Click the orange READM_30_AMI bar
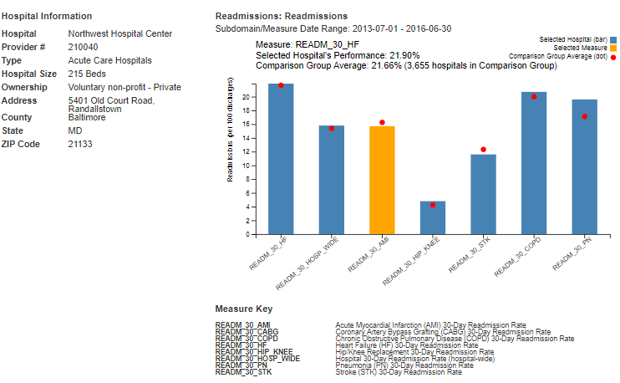[382, 180]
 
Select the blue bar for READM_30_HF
[281, 159]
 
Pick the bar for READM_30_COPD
[534, 163]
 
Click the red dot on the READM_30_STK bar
[483, 150]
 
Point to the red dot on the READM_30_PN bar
[584, 116]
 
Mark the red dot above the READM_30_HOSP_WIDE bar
[332, 129]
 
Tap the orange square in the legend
[614, 49]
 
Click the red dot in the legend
[614, 57]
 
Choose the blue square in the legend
[614, 39]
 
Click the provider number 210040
[83, 47]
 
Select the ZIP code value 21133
[80, 144]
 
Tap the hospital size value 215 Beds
[87, 74]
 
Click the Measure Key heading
[243, 308]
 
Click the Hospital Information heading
[47, 16]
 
